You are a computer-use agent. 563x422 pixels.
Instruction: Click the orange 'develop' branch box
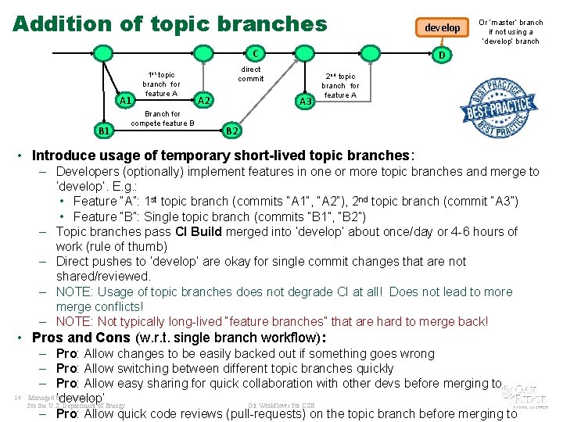point(442,28)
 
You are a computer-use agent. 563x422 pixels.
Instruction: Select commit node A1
point(125,101)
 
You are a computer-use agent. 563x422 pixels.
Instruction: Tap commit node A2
point(203,101)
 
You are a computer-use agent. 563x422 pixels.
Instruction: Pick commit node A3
point(306,101)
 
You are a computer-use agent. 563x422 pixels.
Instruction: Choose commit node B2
point(232,130)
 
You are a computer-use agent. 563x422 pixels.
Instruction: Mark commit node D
point(442,55)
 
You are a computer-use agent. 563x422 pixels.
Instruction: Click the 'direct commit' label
point(250,74)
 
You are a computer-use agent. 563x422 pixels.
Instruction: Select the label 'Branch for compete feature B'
point(163,118)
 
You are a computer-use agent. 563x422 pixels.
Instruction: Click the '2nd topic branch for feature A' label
point(340,86)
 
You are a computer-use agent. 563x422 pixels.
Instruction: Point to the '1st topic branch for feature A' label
point(161,84)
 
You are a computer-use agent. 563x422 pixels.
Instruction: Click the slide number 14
point(16,397)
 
